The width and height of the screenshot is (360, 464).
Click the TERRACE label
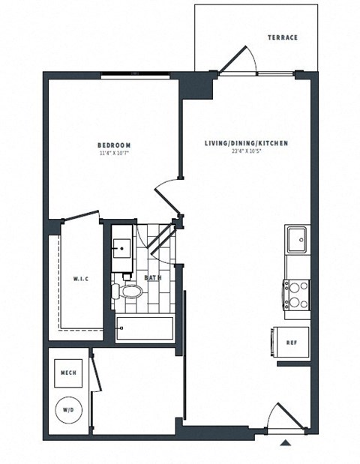[283, 37]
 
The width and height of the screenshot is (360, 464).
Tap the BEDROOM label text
[114, 145]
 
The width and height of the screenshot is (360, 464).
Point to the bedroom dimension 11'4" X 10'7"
[114, 154]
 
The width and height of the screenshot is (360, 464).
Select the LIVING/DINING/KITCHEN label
[247, 142]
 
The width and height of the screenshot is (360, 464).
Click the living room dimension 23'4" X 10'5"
[247, 151]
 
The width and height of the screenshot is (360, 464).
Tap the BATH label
[153, 278]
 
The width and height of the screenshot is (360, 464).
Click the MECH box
[67, 371]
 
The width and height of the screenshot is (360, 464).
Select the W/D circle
[68, 410]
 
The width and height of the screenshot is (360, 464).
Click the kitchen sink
[298, 241]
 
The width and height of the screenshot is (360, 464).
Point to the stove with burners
[296, 294]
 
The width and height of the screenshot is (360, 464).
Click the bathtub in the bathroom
[145, 328]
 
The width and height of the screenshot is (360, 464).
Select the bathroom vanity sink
[122, 247]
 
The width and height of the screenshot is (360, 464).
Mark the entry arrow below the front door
[285, 443]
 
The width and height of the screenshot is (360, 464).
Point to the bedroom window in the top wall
[136, 73]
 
